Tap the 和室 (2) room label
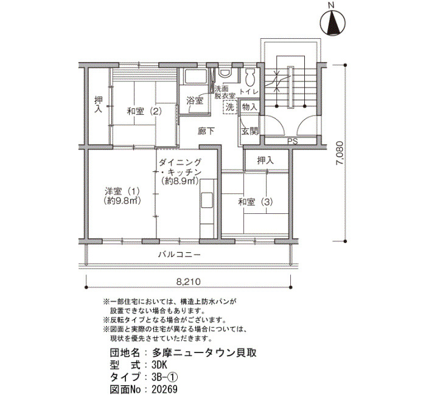point(144,111)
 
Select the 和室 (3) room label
point(256,202)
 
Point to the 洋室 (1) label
point(122,191)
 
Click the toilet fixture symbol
point(250,76)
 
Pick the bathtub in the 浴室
point(195,76)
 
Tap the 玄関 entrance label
point(250,131)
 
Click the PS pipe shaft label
point(292,142)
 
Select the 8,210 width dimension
point(188,281)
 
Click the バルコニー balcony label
point(180,255)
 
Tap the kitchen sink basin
point(207,200)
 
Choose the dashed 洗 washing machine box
point(230,107)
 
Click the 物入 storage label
point(250,107)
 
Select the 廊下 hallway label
point(206,132)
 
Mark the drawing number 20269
point(165,389)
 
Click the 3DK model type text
point(159,365)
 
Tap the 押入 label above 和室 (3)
point(265,160)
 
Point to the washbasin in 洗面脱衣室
point(225,72)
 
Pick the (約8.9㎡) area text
point(180,181)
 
